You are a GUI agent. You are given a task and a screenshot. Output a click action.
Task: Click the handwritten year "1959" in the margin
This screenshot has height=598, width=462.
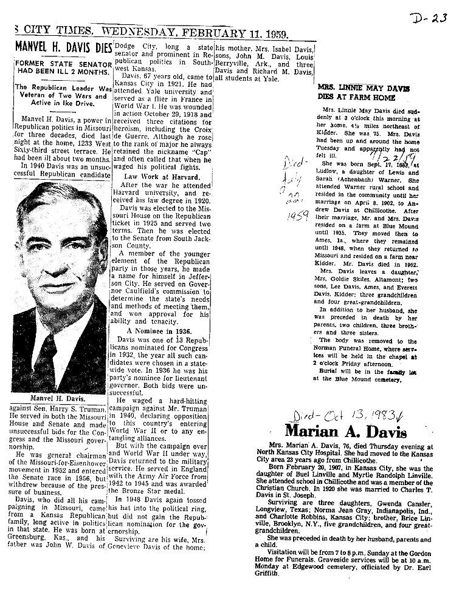point(297,216)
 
